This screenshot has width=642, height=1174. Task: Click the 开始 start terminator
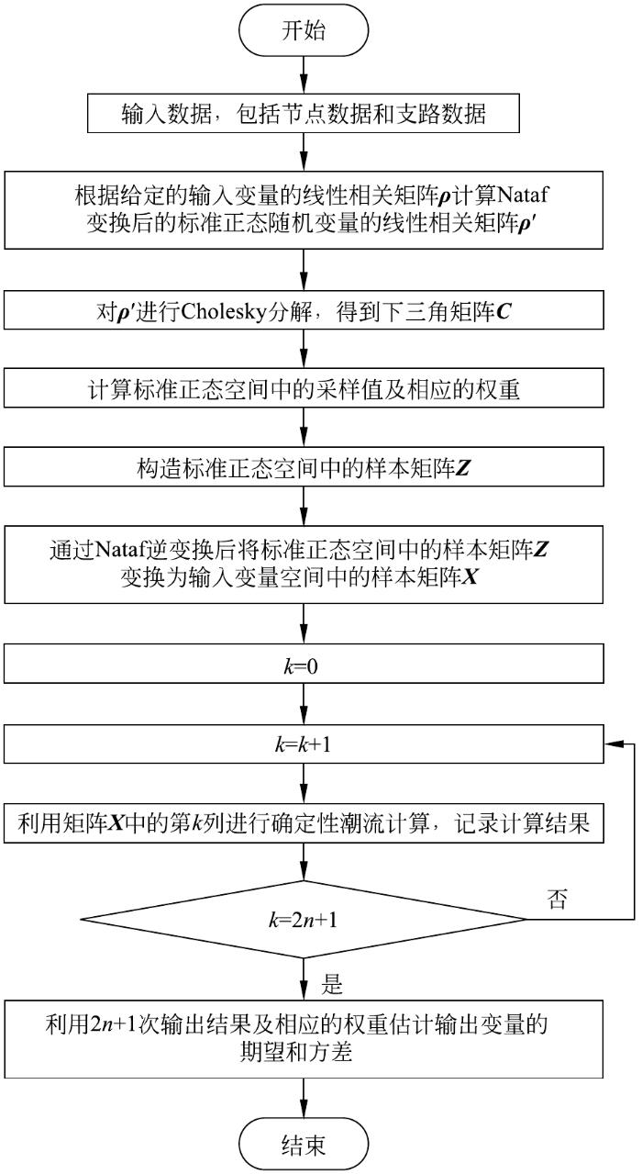pyautogui.click(x=304, y=30)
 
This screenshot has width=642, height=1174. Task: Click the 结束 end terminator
pyautogui.click(x=304, y=1144)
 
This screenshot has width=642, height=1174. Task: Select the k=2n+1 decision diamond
pyautogui.click(x=304, y=919)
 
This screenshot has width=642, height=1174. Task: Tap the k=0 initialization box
pyautogui.click(x=304, y=664)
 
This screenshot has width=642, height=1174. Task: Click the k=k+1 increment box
pyautogui.click(x=304, y=744)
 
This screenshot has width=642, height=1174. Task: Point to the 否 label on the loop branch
pyautogui.click(x=557, y=900)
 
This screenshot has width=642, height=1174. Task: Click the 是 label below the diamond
pyautogui.click(x=332, y=984)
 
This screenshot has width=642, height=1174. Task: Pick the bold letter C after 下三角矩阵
pyautogui.click(x=503, y=312)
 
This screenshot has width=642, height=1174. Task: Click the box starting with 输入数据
pyautogui.click(x=304, y=113)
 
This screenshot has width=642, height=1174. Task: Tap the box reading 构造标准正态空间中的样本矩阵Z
pyautogui.click(x=304, y=467)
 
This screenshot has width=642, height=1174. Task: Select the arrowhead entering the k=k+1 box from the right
pyautogui.click(x=613, y=744)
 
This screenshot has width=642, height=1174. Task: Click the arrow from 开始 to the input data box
pyautogui.click(x=304, y=75)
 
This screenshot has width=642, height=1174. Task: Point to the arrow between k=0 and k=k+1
pyautogui.click(x=304, y=704)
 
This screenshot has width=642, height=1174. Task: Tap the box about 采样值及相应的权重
pyautogui.click(x=304, y=388)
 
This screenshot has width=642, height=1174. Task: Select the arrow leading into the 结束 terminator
pyautogui.click(x=304, y=1098)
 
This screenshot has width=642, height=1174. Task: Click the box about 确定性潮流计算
pyautogui.click(x=304, y=823)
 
